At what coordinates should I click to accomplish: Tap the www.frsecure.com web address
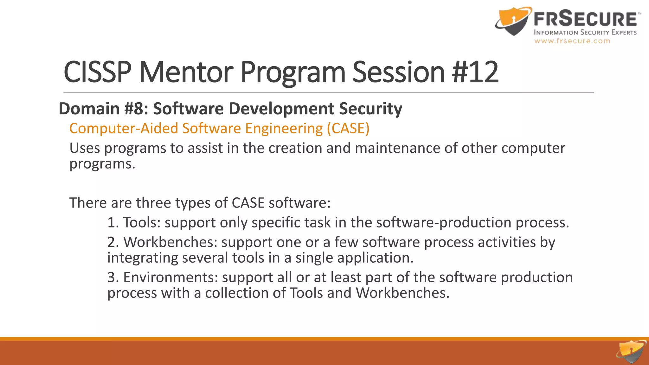pyautogui.click(x=572, y=41)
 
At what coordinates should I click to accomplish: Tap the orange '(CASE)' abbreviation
pyautogui.click(x=348, y=128)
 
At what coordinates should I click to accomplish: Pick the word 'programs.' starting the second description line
pyautogui.click(x=102, y=164)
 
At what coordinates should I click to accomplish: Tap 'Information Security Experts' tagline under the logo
pyautogui.click(x=585, y=32)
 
